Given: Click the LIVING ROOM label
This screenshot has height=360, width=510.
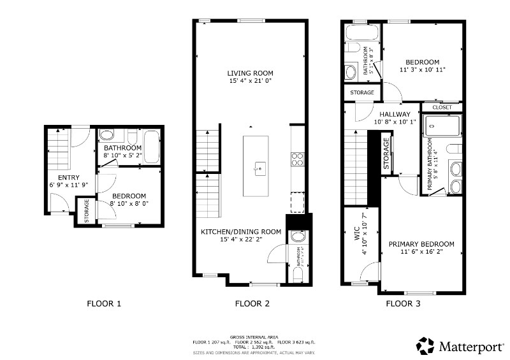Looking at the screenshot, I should point(250,73).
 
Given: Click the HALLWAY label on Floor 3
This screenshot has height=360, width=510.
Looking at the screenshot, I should point(395,115).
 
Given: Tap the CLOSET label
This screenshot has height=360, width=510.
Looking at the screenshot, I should point(442,108).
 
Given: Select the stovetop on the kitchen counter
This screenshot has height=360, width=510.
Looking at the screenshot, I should point(297,159).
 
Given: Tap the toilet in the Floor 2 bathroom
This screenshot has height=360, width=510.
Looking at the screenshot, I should point(296,273).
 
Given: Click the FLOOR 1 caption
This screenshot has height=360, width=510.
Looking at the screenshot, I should point(104,304).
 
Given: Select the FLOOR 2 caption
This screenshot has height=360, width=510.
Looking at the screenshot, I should point(252,304).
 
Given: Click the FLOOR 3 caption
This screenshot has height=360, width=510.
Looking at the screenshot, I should point(403,304).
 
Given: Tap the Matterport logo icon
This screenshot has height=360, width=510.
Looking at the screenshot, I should point(426,346).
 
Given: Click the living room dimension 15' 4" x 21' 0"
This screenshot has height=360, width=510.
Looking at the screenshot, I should point(250,82).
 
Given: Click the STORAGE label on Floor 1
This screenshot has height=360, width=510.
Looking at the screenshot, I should point(87,211).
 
